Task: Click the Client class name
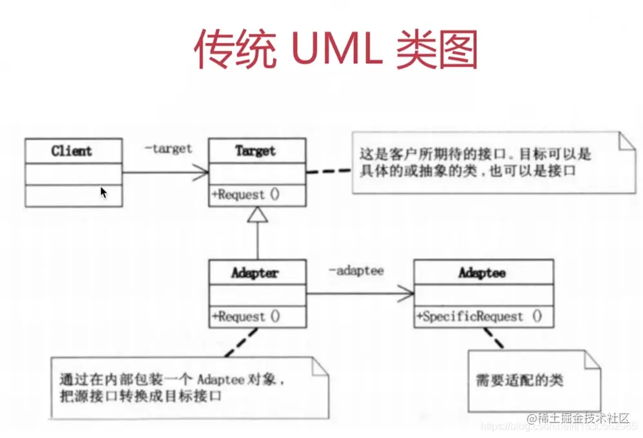[72, 151]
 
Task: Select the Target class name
[256, 151]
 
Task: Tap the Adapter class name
[256, 272]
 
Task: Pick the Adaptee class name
[483, 272]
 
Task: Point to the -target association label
[168, 149]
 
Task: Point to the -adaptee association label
[356, 271]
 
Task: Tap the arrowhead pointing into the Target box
[202, 173]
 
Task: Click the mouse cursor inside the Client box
[104, 192]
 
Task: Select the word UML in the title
[335, 48]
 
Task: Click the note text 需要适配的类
[519, 380]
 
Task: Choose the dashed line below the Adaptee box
[495, 339]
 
